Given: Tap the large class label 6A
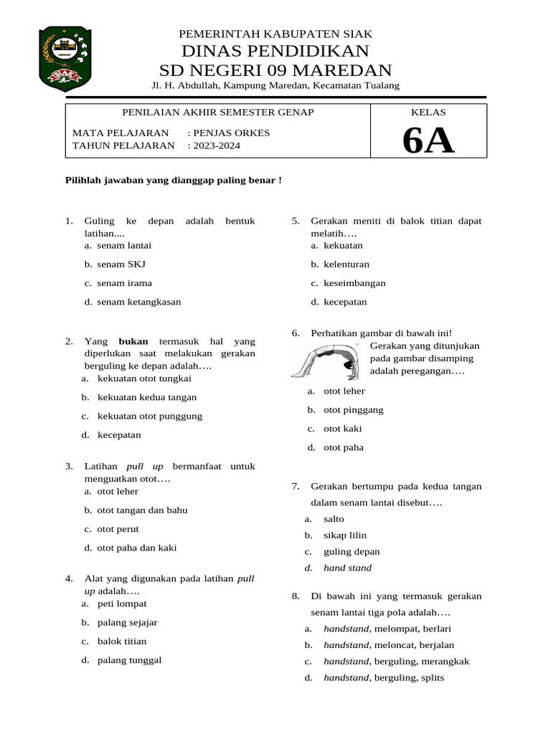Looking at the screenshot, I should click(428, 140).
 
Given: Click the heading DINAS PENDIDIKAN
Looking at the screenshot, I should click(275, 51).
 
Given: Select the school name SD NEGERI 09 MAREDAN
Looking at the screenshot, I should click(275, 70).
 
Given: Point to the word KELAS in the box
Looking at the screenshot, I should click(428, 113).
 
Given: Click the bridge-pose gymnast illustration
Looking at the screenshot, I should click(326, 361).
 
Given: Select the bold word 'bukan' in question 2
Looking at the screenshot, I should click(133, 341).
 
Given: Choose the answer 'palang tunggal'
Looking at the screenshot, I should click(129, 660).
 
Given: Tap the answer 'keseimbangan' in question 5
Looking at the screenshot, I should click(354, 283).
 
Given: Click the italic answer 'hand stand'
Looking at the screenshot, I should click(347, 568).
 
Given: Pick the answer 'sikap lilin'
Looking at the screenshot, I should click(345, 535).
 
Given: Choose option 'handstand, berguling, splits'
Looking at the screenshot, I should click(384, 677).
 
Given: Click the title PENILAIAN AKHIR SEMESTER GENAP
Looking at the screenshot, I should click(217, 113).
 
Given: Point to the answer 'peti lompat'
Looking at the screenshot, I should click(122, 604).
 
